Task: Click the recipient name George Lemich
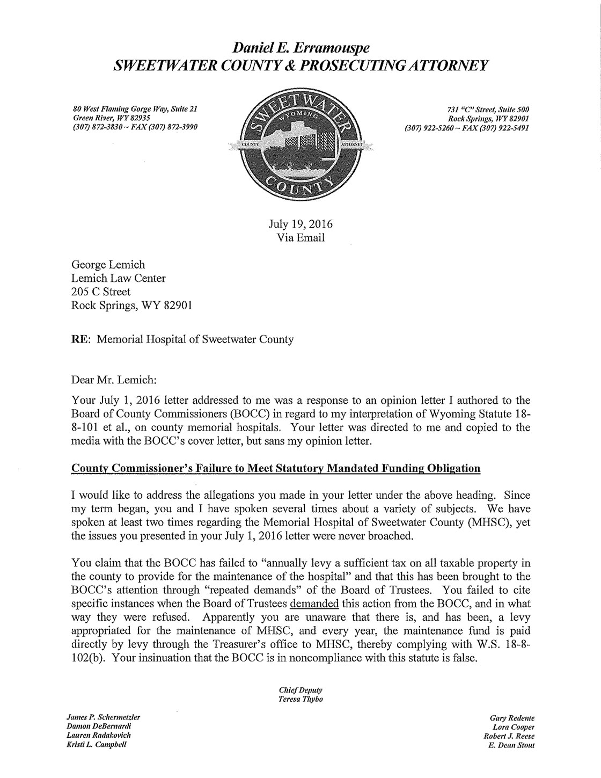108,265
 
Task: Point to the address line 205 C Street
101,292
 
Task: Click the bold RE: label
80,339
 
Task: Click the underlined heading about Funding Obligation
276,468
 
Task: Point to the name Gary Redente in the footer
512,717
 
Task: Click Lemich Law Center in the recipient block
118,278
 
